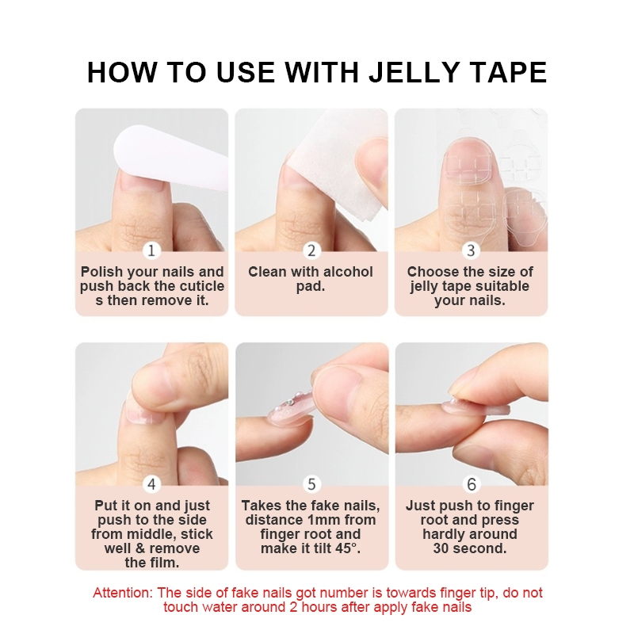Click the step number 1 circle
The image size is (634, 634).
pyautogui.click(x=151, y=250)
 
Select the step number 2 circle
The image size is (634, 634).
pyautogui.click(x=311, y=250)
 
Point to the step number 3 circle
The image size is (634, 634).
pyautogui.click(x=471, y=250)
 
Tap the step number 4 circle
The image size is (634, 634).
pyautogui.click(x=151, y=484)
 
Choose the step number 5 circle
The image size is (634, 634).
pyautogui.click(x=311, y=484)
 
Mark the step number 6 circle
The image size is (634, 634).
pyautogui.click(x=471, y=484)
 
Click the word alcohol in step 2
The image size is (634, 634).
pyautogui.click(x=346, y=272)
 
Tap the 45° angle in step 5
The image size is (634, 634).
pyautogui.click(x=347, y=548)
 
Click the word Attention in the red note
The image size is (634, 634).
pyautogui.click(x=123, y=593)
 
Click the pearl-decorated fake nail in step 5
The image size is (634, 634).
pyautogui.click(x=292, y=409)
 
